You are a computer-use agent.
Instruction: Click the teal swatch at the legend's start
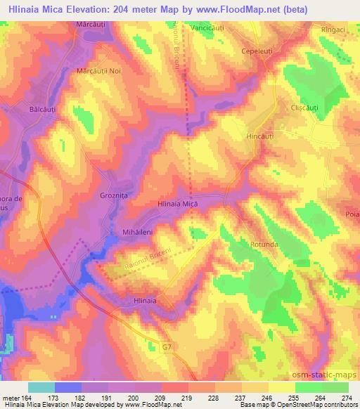pos(41,387)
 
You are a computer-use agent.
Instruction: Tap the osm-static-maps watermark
pos(328,374)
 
